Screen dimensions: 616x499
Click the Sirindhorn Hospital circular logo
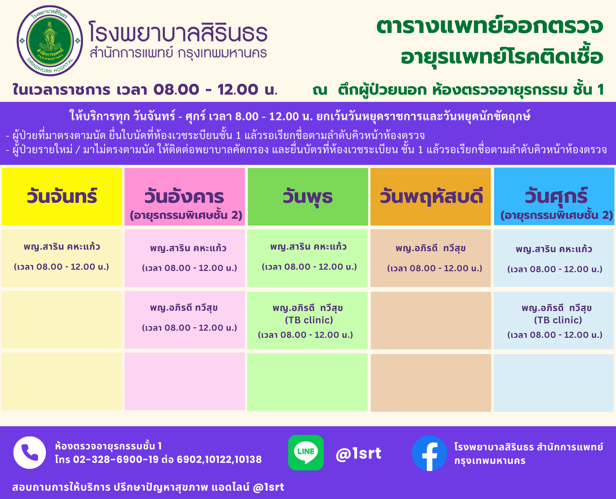(50, 41)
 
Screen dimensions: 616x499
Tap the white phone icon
(30, 452)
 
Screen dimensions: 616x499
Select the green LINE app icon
(306, 452)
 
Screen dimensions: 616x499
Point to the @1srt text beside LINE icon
(359, 453)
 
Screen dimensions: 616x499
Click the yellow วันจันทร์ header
(62, 196)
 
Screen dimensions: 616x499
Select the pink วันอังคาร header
(185, 197)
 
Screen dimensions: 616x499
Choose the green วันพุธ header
(308, 197)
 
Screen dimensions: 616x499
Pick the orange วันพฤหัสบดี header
(431, 197)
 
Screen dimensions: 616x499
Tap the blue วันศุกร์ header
(554, 196)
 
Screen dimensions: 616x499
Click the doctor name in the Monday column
(62, 247)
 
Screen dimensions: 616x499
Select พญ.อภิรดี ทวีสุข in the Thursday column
(431, 248)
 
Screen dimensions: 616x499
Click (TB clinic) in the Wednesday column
(309, 320)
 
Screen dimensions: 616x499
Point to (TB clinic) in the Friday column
(558, 320)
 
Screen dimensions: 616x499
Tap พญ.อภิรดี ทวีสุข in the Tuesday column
(184, 308)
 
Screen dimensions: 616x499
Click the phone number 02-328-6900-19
(116, 460)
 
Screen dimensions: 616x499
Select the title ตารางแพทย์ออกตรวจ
(490, 26)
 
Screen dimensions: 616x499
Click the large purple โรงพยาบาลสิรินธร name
(178, 31)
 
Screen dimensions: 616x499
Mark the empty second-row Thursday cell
(431, 321)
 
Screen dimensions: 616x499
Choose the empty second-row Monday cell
(62, 320)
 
